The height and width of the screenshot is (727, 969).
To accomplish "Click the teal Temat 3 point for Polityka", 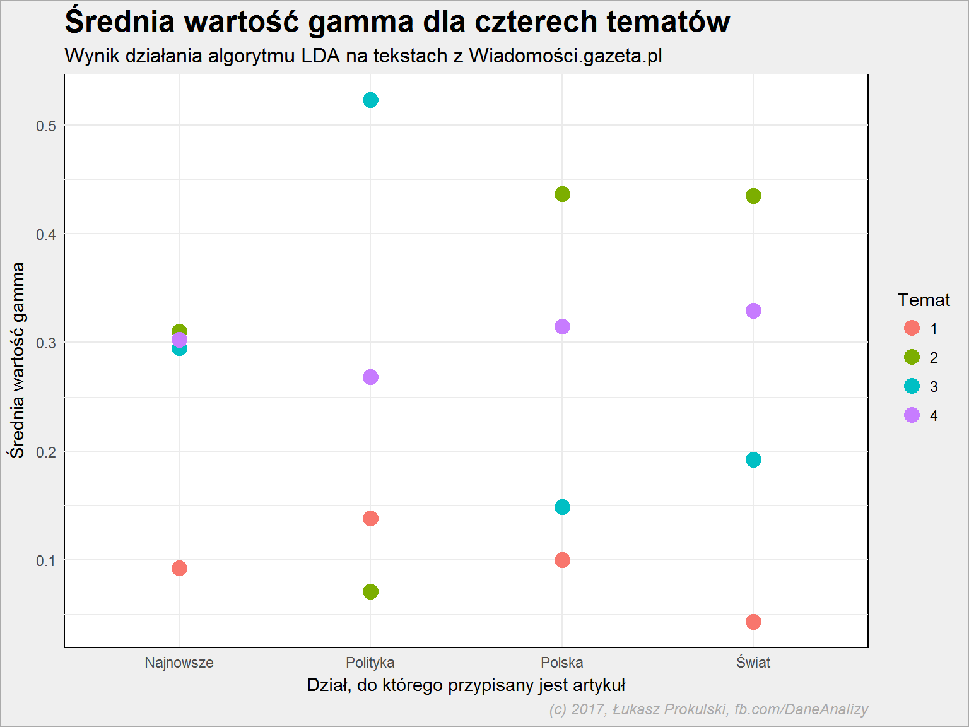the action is [x=370, y=100].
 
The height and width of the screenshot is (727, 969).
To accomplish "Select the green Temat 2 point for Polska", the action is [x=562, y=194].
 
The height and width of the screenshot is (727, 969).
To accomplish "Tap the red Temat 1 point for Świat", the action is [x=753, y=622].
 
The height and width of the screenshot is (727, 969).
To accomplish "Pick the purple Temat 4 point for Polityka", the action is [x=370, y=377].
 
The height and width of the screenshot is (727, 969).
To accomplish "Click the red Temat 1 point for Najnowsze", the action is [x=179, y=568].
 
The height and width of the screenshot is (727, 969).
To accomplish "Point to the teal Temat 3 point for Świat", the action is [x=753, y=459].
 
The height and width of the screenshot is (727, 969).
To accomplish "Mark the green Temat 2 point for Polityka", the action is [x=370, y=591].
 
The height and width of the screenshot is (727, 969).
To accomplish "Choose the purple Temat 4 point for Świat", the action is [x=753, y=310].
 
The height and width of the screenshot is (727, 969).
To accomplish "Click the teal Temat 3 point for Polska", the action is [x=562, y=507].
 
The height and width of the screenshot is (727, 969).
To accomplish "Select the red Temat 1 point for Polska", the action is [x=562, y=560].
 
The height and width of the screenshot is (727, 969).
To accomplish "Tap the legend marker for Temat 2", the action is [x=912, y=357].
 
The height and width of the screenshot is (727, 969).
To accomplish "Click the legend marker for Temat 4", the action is [x=912, y=415].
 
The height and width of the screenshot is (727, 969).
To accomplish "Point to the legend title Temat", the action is [x=924, y=300].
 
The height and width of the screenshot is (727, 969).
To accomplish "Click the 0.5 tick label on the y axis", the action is [x=46, y=126].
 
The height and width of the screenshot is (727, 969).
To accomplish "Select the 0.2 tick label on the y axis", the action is [x=46, y=452].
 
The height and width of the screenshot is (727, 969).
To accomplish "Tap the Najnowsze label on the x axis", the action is [x=179, y=663].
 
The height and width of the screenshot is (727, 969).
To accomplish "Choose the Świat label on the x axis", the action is [x=753, y=661].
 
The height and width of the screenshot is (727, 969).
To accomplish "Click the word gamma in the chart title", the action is [x=361, y=23].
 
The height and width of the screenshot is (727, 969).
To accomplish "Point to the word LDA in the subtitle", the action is [x=320, y=56].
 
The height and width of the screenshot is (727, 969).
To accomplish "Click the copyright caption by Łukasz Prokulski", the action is [x=708, y=709].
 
